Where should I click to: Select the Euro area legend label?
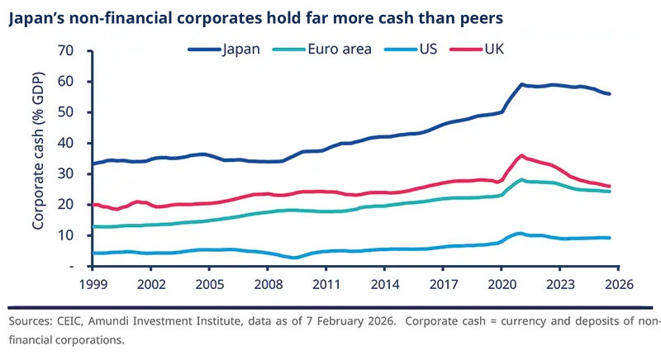click(340, 49)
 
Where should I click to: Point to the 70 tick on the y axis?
click(65, 51)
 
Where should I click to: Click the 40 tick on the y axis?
click(65, 143)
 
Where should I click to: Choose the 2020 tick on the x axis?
click(501, 283)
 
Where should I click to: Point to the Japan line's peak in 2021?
click(521, 84)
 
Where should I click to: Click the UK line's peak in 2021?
click(521, 155)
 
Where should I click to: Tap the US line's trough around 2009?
click(293, 258)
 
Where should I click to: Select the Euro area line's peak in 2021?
click(521, 179)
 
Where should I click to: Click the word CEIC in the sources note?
click(74, 322)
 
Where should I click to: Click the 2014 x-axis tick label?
click(383, 283)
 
